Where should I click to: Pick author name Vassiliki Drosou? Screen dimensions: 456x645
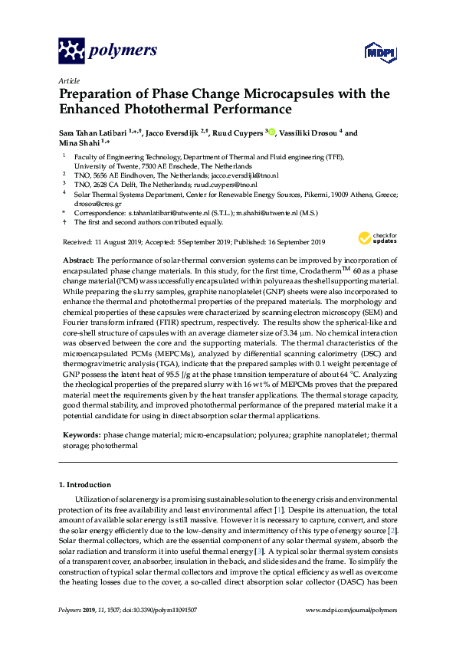click(310, 133)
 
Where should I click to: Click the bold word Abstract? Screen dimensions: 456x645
click(77, 261)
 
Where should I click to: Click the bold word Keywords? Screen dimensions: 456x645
click(80, 434)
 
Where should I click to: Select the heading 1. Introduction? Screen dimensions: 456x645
click(85, 485)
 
